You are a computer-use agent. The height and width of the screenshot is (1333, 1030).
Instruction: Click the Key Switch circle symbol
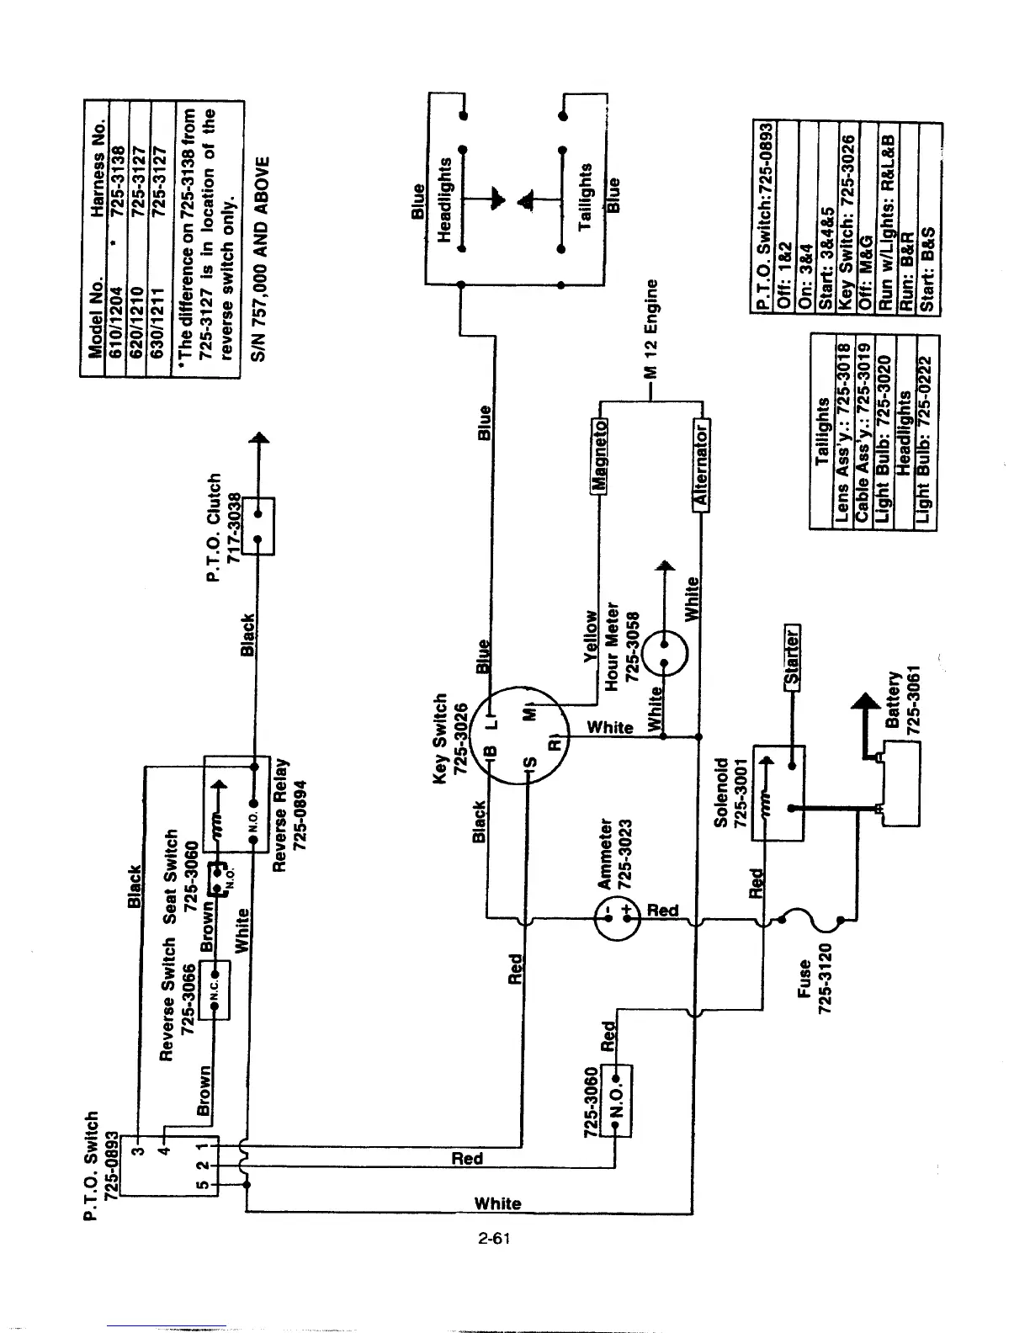(x=519, y=736)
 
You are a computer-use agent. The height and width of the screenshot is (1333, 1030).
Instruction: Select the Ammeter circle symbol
(x=617, y=919)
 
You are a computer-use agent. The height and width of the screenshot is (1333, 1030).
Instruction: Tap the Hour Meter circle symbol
(x=665, y=653)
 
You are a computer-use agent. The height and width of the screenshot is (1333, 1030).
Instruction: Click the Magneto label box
(x=599, y=456)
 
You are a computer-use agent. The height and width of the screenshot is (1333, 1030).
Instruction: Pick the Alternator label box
(x=701, y=465)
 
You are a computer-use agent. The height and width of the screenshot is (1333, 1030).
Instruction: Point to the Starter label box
(x=792, y=657)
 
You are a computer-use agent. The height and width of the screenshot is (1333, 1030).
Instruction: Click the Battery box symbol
(x=900, y=783)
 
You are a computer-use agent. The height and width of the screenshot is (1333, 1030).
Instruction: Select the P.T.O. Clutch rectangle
(x=258, y=526)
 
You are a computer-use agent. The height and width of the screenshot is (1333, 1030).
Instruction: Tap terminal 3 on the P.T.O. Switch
(x=140, y=1150)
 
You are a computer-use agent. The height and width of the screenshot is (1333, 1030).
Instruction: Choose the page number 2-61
(x=494, y=1238)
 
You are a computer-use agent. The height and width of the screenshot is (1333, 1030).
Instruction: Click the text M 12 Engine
(x=650, y=328)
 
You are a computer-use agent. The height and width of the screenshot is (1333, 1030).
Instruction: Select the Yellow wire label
(x=590, y=636)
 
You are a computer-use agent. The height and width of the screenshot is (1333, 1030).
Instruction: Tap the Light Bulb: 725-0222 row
(x=925, y=440)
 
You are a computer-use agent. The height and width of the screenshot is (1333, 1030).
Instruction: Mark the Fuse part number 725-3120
(x=826, y=979)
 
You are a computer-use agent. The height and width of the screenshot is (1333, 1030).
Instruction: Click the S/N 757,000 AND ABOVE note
(x=260, y=259)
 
